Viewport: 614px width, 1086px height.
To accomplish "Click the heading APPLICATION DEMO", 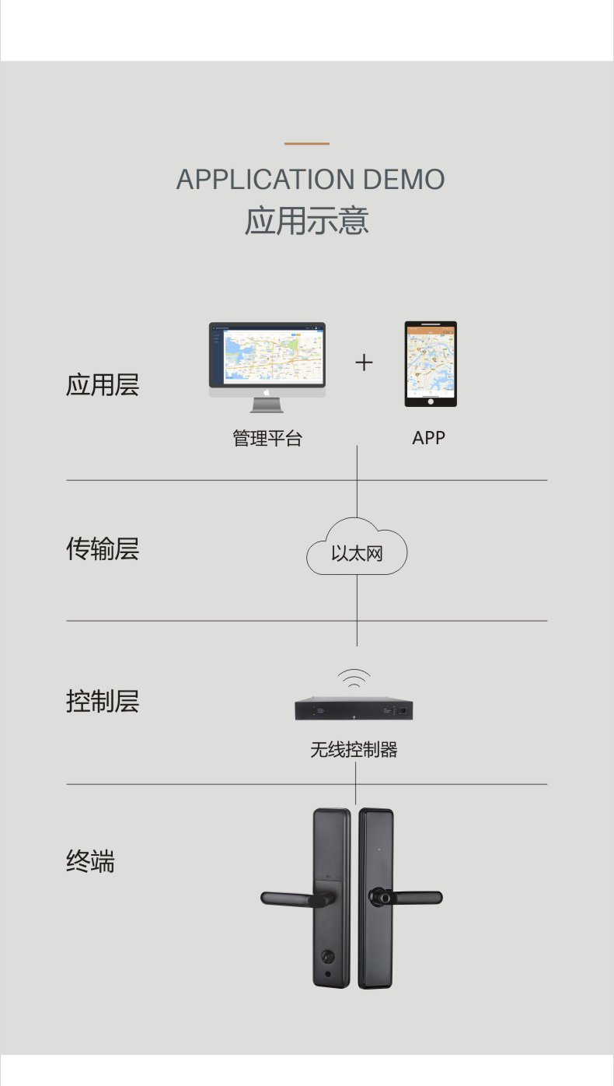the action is click(x=310, y=180).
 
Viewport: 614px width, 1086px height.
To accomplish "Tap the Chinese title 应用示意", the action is click(x=306, y=221).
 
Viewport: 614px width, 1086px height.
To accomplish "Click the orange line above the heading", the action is click(x=306, y=143).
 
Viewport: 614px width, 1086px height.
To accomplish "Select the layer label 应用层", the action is click(x=103, y=385).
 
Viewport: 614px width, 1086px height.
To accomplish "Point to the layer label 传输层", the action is click(x=103, y=548).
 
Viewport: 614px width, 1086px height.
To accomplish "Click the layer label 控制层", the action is click(x=103, y=701).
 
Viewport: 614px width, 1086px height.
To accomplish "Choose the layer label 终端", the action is click(x=91, y=861).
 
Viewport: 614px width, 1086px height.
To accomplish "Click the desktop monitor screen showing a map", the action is click(x=267, y=356).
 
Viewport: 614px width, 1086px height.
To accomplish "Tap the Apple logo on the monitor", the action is click(x=267, y=392).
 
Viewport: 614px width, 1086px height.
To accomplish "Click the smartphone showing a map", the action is click(x=431, y=363).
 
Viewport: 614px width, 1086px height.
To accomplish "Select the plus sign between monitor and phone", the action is click(x=365, y=363).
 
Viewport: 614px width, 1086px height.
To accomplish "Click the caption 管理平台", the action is click(x=268, y=438).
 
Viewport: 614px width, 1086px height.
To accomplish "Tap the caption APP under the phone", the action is click(x=428, y=438).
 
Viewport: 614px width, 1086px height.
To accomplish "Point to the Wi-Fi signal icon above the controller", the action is click(x=354, y=678).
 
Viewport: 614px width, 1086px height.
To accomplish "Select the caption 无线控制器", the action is click(x=354, y=749).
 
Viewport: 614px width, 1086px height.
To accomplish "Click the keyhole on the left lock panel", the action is click(x=328, y=957).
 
